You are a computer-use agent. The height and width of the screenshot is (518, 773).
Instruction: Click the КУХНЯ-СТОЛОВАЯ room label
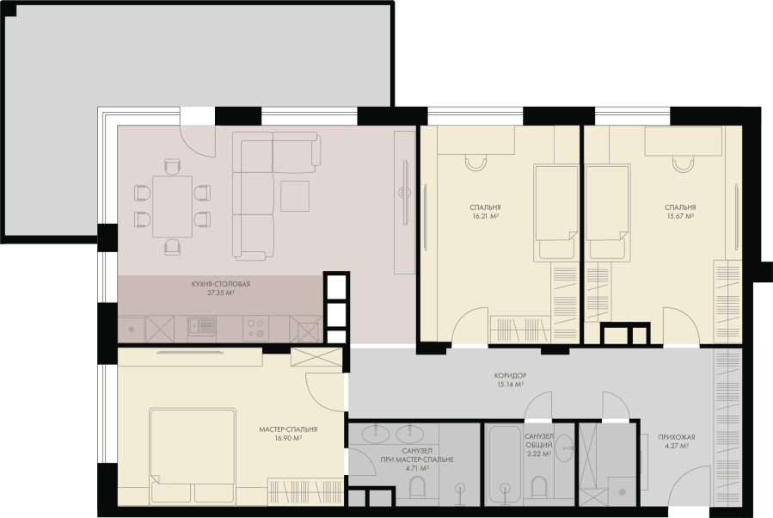221,284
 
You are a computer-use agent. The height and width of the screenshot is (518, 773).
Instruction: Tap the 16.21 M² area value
486,216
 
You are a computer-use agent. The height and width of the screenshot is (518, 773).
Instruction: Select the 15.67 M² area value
680,216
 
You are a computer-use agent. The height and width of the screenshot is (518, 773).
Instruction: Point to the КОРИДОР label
510,375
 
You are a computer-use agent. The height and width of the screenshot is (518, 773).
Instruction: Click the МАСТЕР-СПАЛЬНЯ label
288,429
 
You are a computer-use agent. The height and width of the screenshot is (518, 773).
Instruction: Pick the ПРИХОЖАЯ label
677,437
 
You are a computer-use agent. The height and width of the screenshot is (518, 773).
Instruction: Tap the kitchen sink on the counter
201,327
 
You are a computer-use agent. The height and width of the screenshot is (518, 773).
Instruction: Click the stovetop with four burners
256,328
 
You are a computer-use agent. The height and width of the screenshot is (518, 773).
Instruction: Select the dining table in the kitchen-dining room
172,207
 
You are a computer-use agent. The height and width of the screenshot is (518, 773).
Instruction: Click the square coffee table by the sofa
295,196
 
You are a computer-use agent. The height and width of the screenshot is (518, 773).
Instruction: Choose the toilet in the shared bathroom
539,487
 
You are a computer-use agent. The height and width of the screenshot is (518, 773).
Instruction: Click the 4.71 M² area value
418,468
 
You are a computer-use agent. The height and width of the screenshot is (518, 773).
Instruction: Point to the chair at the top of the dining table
172,167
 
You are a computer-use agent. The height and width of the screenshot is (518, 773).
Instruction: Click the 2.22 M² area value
538,453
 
